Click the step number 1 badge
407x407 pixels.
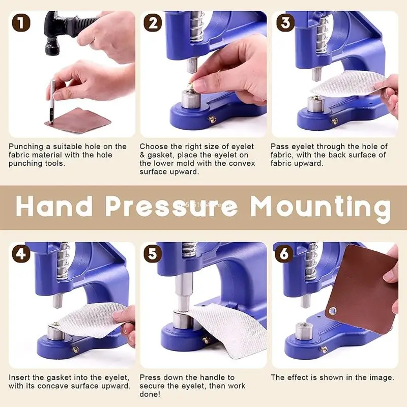coord(20,23)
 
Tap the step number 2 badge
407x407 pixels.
coord(153,23)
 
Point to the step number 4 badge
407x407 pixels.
coord(20,254)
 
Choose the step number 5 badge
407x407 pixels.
coord(153,254)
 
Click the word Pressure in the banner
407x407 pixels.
coord(172,207)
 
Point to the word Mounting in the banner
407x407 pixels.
coord(321,207)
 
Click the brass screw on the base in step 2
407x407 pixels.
coord(212,120)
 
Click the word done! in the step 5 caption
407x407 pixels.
coord(152,394)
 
